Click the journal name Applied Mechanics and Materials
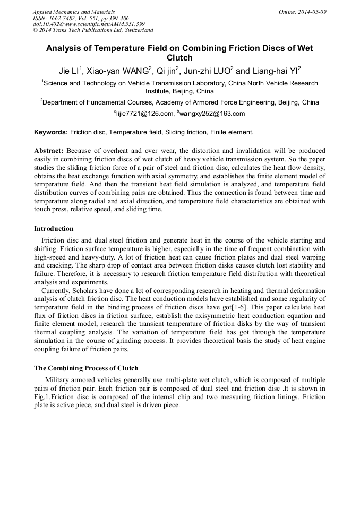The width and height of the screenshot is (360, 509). coord(74,12)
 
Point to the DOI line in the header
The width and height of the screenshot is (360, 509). coord(89,24)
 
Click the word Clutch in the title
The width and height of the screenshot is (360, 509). coord(179,58)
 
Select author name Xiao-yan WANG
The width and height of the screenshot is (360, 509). coord(118,71)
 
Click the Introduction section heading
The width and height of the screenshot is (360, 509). coord(54,229)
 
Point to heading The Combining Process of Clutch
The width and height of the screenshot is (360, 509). coord(86,368)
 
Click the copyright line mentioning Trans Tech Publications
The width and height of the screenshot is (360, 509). coord(93,31)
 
